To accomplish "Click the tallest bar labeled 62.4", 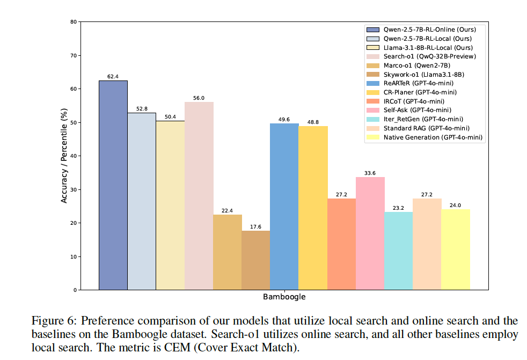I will tap(113, 185).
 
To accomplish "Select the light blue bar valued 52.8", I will tap(142, 201).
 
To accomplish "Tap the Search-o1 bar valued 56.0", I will tap(199, 196).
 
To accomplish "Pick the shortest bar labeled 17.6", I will tap(255, 260).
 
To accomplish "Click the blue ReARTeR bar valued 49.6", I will tap(284, 207).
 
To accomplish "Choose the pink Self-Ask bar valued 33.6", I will tap(370, 233).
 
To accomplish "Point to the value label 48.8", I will tap(313, 122).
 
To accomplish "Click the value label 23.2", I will tap(398, 208).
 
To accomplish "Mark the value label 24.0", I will tap(455, 205).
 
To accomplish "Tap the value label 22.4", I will tap(227, 210).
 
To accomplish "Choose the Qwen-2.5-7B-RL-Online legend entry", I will tap(429, 29).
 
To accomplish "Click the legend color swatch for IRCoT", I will tap(372, 101).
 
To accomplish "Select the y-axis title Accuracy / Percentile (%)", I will tap(64, 156).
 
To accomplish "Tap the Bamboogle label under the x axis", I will tap(284, 297).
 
